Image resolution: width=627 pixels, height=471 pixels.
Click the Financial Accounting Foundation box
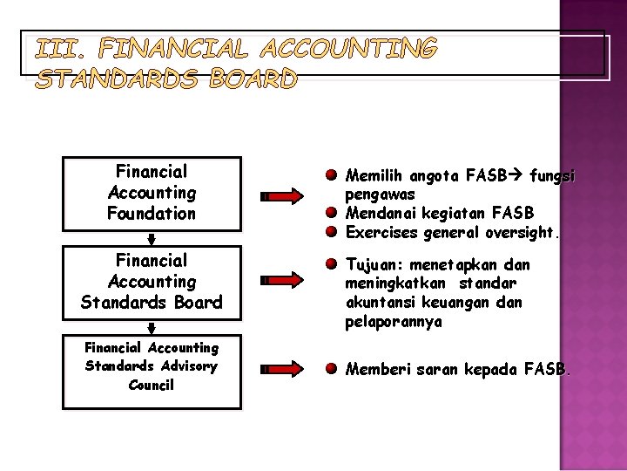(152, 193)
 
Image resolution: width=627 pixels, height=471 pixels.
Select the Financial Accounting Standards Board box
(152, 282)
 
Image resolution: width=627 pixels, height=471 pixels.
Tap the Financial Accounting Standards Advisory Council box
(152, 366)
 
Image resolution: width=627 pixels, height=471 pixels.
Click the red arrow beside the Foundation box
(284, 197)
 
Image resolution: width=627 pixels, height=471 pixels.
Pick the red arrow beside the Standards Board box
(284, 280)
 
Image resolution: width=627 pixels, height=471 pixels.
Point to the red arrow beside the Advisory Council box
(284, 370)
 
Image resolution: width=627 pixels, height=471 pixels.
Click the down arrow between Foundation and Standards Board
(152, 239)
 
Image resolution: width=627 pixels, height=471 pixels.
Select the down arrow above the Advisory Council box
(152, 328)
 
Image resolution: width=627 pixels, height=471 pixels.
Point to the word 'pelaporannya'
(394, 322)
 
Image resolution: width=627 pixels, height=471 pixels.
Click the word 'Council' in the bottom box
(152, 385)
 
